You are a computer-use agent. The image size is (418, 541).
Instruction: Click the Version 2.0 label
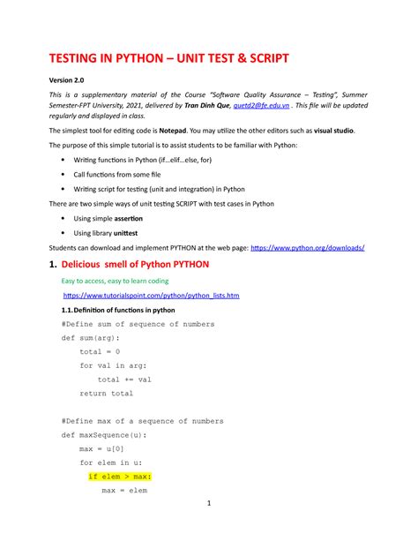point(68,81)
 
